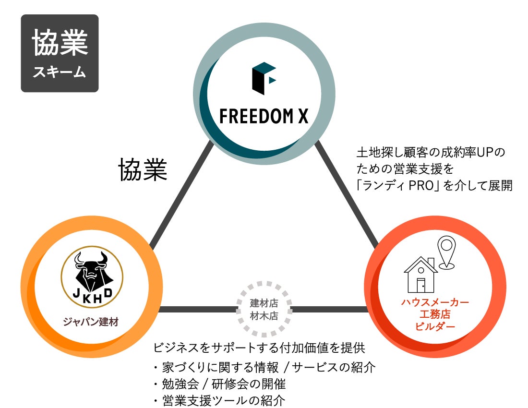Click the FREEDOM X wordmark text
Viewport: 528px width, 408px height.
[x=264, y=117]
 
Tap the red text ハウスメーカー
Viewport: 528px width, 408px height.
[x=434, y=302]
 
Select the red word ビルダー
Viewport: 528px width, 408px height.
[x=434, y=326]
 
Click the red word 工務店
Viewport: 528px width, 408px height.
[x=434, y=314]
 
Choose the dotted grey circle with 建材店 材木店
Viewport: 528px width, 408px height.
[x=264, y=310]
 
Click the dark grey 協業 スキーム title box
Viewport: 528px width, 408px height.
[x=60, y=53]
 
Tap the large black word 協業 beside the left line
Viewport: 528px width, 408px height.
[x=143, y=170]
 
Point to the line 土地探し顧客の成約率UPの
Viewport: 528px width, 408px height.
[x=431, y=153]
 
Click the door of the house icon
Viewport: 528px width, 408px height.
[x=421, y=285]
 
